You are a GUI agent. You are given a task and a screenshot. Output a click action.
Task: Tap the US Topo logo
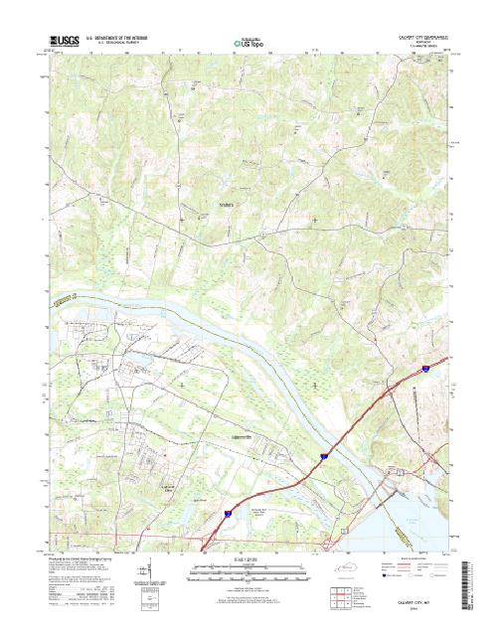248,44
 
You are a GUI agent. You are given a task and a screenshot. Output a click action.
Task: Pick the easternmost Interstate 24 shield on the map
423,368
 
